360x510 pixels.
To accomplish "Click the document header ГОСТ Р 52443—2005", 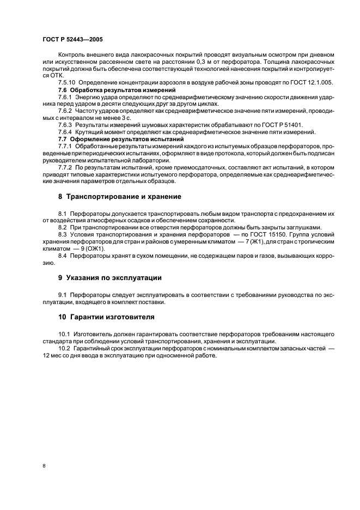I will tap(72, 39).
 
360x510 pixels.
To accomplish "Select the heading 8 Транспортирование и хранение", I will tap(120, 196).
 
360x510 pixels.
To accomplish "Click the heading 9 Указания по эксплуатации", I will tap(110, 277).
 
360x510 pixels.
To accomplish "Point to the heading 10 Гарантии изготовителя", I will tap(106, 317).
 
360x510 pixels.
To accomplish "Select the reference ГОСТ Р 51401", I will tap(277, 125).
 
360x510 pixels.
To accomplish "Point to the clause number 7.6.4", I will tap(66, 132).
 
